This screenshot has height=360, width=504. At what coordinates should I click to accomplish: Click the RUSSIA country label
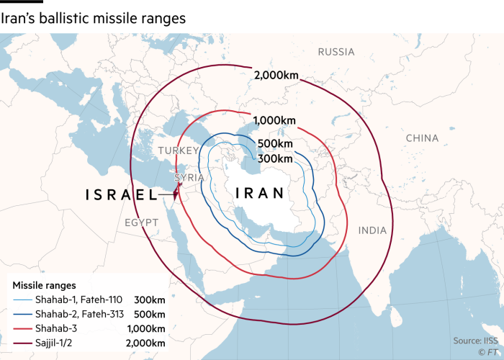[x=336, y=52]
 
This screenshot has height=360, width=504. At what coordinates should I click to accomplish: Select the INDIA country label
[x=372, y=230]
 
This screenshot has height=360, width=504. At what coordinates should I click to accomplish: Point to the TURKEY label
[x=178, y=150]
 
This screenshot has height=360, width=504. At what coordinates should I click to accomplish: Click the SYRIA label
[x=189, y=177]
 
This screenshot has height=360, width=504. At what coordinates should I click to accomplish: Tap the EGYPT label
[x=141, y=222]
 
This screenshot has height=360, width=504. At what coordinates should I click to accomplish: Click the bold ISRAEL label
[x=121, y=194]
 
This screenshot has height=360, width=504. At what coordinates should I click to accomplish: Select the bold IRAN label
[x=260, y=193]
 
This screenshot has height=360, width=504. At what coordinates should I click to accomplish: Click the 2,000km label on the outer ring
[x=276, y=76]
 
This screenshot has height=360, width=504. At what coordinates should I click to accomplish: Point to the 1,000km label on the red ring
[x=274, y=120]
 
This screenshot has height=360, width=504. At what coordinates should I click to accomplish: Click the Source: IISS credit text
[x=476, y=340]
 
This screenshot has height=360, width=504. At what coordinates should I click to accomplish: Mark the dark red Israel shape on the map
[x=175, y=192]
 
